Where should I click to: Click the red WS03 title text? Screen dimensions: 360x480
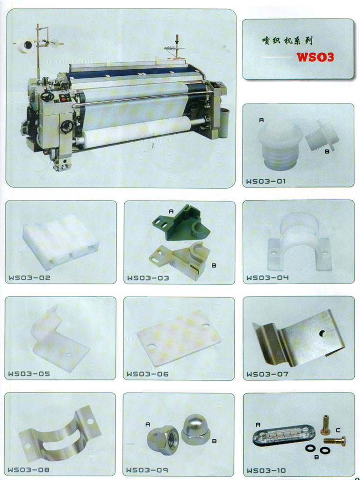[x=315, y=57]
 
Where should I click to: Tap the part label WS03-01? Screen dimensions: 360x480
[x=266, y=181]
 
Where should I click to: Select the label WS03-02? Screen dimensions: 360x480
[x=29, y=278]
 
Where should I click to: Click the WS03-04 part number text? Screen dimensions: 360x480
[x=267, y=277]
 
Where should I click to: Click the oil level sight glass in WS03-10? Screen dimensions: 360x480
[x=280, y=435]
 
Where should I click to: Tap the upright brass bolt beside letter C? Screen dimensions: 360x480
[x=326, y=425]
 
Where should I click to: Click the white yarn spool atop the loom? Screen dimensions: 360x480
[x=24, y=45]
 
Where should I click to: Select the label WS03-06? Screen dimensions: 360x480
[x=147, y=374]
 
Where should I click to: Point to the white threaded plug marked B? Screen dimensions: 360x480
[x=322, y=136]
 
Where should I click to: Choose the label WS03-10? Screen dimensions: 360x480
[x=266, y=471]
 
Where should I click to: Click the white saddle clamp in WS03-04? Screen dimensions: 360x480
[x=299, y=241]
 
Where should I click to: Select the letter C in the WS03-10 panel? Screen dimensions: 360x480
[x=338, y=430]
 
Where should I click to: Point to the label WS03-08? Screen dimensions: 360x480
[x=29, y=470]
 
